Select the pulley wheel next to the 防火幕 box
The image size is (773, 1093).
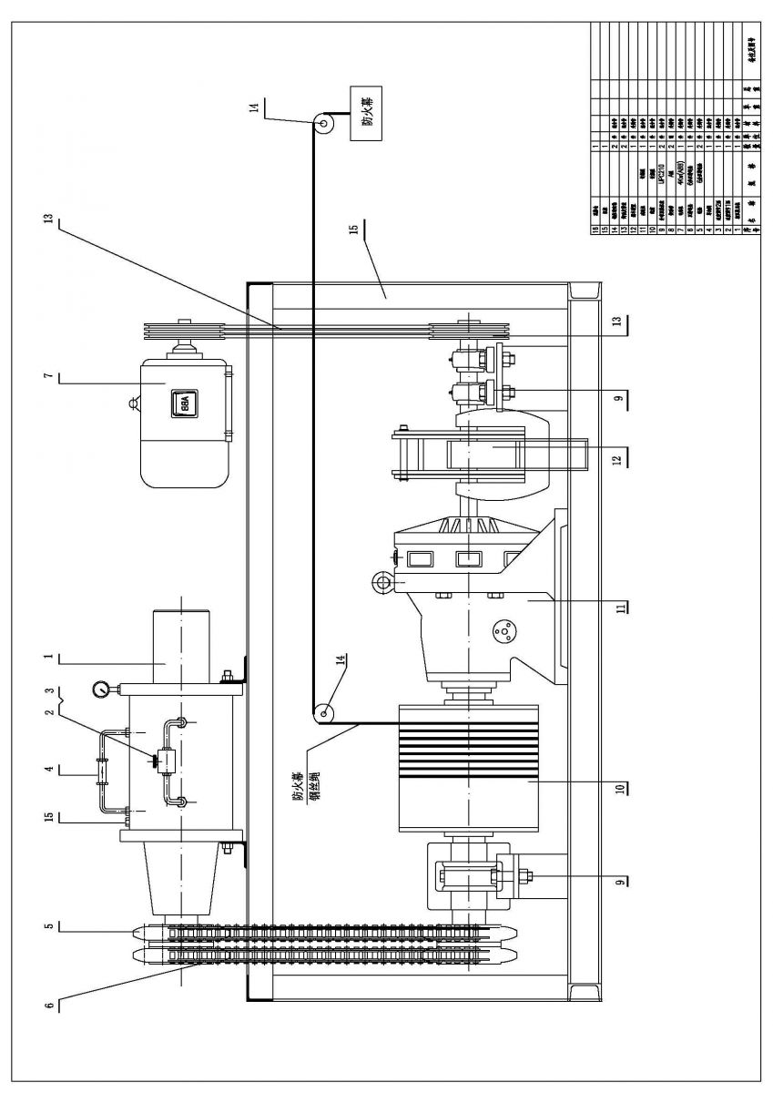coord(323,122)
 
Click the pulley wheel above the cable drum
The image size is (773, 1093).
coord(320,714)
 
